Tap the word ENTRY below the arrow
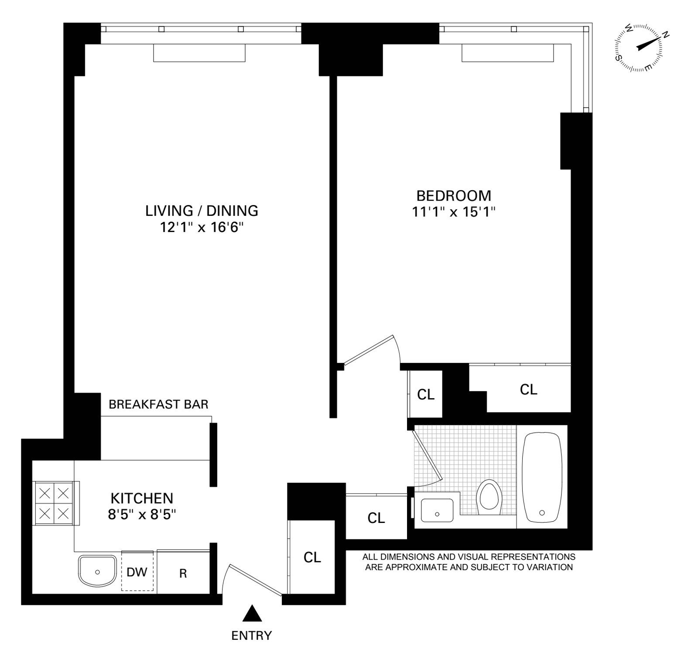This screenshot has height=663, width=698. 251,636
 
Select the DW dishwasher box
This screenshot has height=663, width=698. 137,572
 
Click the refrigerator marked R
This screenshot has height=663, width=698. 183,573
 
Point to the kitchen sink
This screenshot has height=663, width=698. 97,571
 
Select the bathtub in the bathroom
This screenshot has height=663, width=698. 542,477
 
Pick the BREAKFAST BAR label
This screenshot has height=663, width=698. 158,404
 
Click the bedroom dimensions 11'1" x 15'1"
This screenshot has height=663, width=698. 454,212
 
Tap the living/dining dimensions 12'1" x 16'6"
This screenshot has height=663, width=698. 202,227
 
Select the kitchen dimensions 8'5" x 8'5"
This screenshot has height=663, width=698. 142,515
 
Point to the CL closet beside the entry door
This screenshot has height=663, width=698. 312,557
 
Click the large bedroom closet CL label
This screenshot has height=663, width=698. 528,390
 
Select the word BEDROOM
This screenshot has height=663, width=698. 454,195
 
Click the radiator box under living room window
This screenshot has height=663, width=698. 199,53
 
